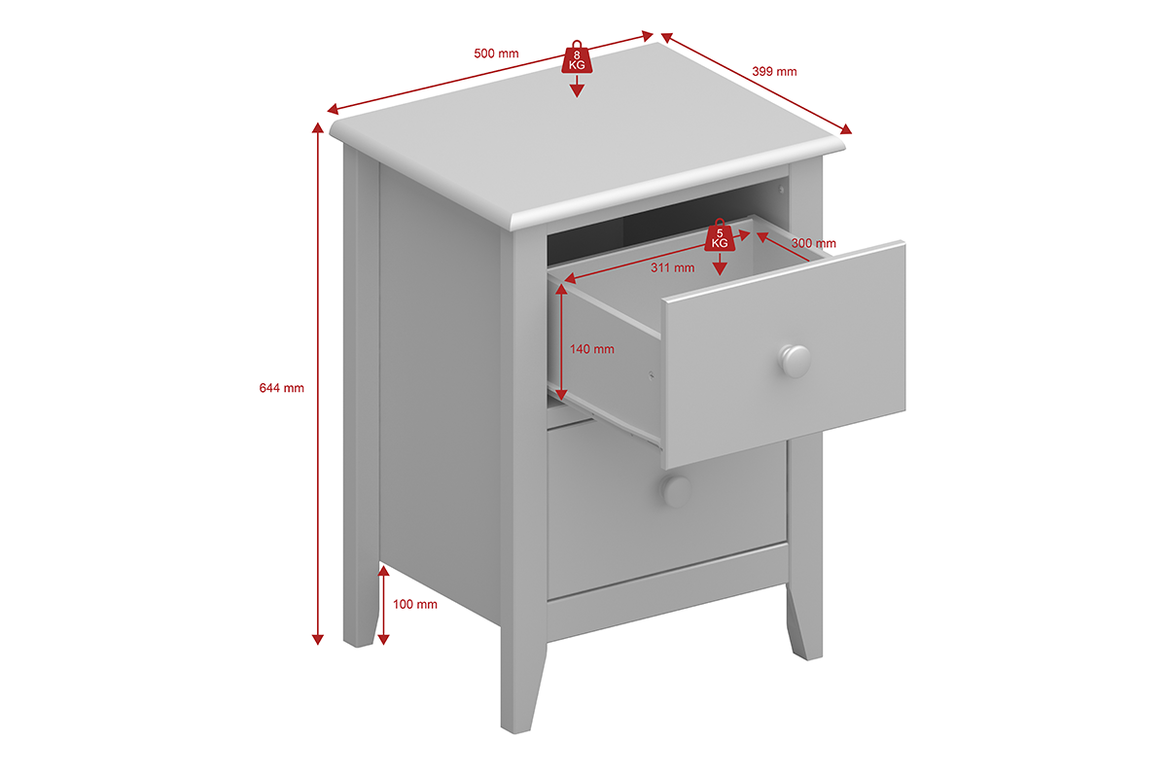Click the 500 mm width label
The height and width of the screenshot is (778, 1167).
(x=496, y=53)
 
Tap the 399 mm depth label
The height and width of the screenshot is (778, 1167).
(x=774, y=71)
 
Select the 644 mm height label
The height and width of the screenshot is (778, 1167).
(x=281, y=388)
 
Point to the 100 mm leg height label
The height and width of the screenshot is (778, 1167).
(x=414, y=604)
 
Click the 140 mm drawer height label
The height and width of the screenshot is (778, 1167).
(x=592, y=349)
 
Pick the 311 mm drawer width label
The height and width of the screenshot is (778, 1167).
(x=672, y=267)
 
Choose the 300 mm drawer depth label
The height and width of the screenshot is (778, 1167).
(x=813, y=243)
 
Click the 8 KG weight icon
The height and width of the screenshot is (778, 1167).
(x=577, y=56)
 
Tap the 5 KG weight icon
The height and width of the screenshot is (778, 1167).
(x=720, y=235)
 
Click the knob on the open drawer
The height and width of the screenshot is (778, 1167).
(x=795, y=361)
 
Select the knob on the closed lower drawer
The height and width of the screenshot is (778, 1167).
(x=676, y=491)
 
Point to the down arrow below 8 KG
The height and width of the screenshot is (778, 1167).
(x=577, y=87)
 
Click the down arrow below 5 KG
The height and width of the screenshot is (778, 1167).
(x=720, y=265)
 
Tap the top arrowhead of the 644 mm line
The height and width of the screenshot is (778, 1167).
(x=317, y=128)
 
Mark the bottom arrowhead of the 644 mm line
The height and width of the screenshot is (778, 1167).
(x=317, y=640)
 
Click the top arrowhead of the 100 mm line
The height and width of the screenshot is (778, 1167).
(x=383, y=571)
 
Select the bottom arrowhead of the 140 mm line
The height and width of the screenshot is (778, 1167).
(x=561, y=395)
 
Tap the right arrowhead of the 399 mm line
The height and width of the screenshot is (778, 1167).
(x=846, y=129)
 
